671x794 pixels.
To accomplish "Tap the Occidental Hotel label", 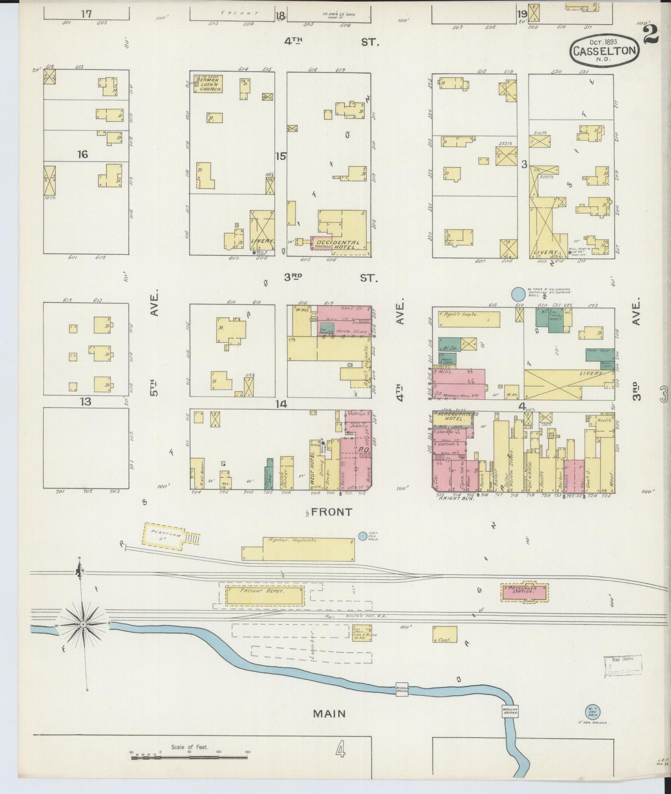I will [x=337, y=245].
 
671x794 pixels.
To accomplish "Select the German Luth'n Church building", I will [x=209, y=84].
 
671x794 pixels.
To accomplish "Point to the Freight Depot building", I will [x=264, y=594].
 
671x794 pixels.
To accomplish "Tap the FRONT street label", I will [x=332, y=512].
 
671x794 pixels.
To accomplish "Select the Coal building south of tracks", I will [x=444, y=634].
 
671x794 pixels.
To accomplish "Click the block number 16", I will [x=82, y=154].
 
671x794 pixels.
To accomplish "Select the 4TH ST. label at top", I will [x=332, y=42].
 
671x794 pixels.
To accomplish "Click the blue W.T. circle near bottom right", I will [x=593, y=711].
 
